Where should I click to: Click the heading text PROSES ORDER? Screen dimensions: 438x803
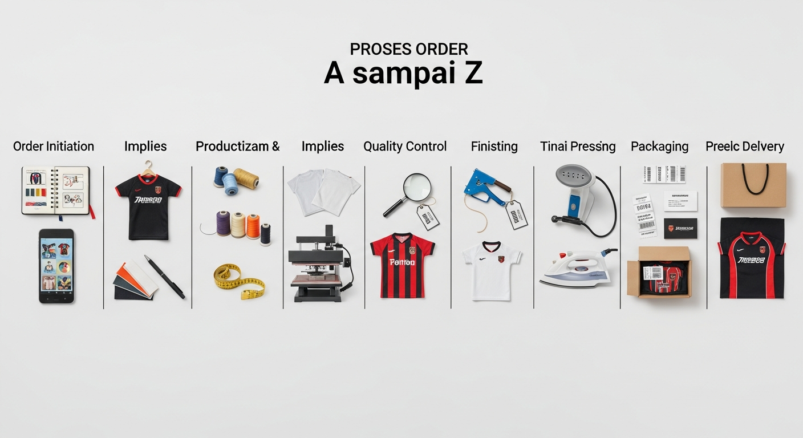[409, 49]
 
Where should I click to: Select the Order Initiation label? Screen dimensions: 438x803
[54, 147]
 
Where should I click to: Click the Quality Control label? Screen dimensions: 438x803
[405, 147]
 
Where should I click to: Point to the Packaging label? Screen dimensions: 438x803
[659, 147]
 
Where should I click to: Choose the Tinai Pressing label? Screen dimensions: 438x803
[578, 147]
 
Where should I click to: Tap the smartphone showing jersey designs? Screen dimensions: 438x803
[56, 266]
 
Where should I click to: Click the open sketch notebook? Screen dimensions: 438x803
[56, 190]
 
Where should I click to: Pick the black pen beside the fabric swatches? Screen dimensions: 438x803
[165, 277]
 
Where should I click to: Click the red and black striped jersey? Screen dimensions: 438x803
[403, 264]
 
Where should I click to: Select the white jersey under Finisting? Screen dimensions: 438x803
[492, 269]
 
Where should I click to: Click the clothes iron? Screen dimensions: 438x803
[577, 268]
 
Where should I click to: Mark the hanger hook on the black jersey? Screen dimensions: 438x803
[148, 166]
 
